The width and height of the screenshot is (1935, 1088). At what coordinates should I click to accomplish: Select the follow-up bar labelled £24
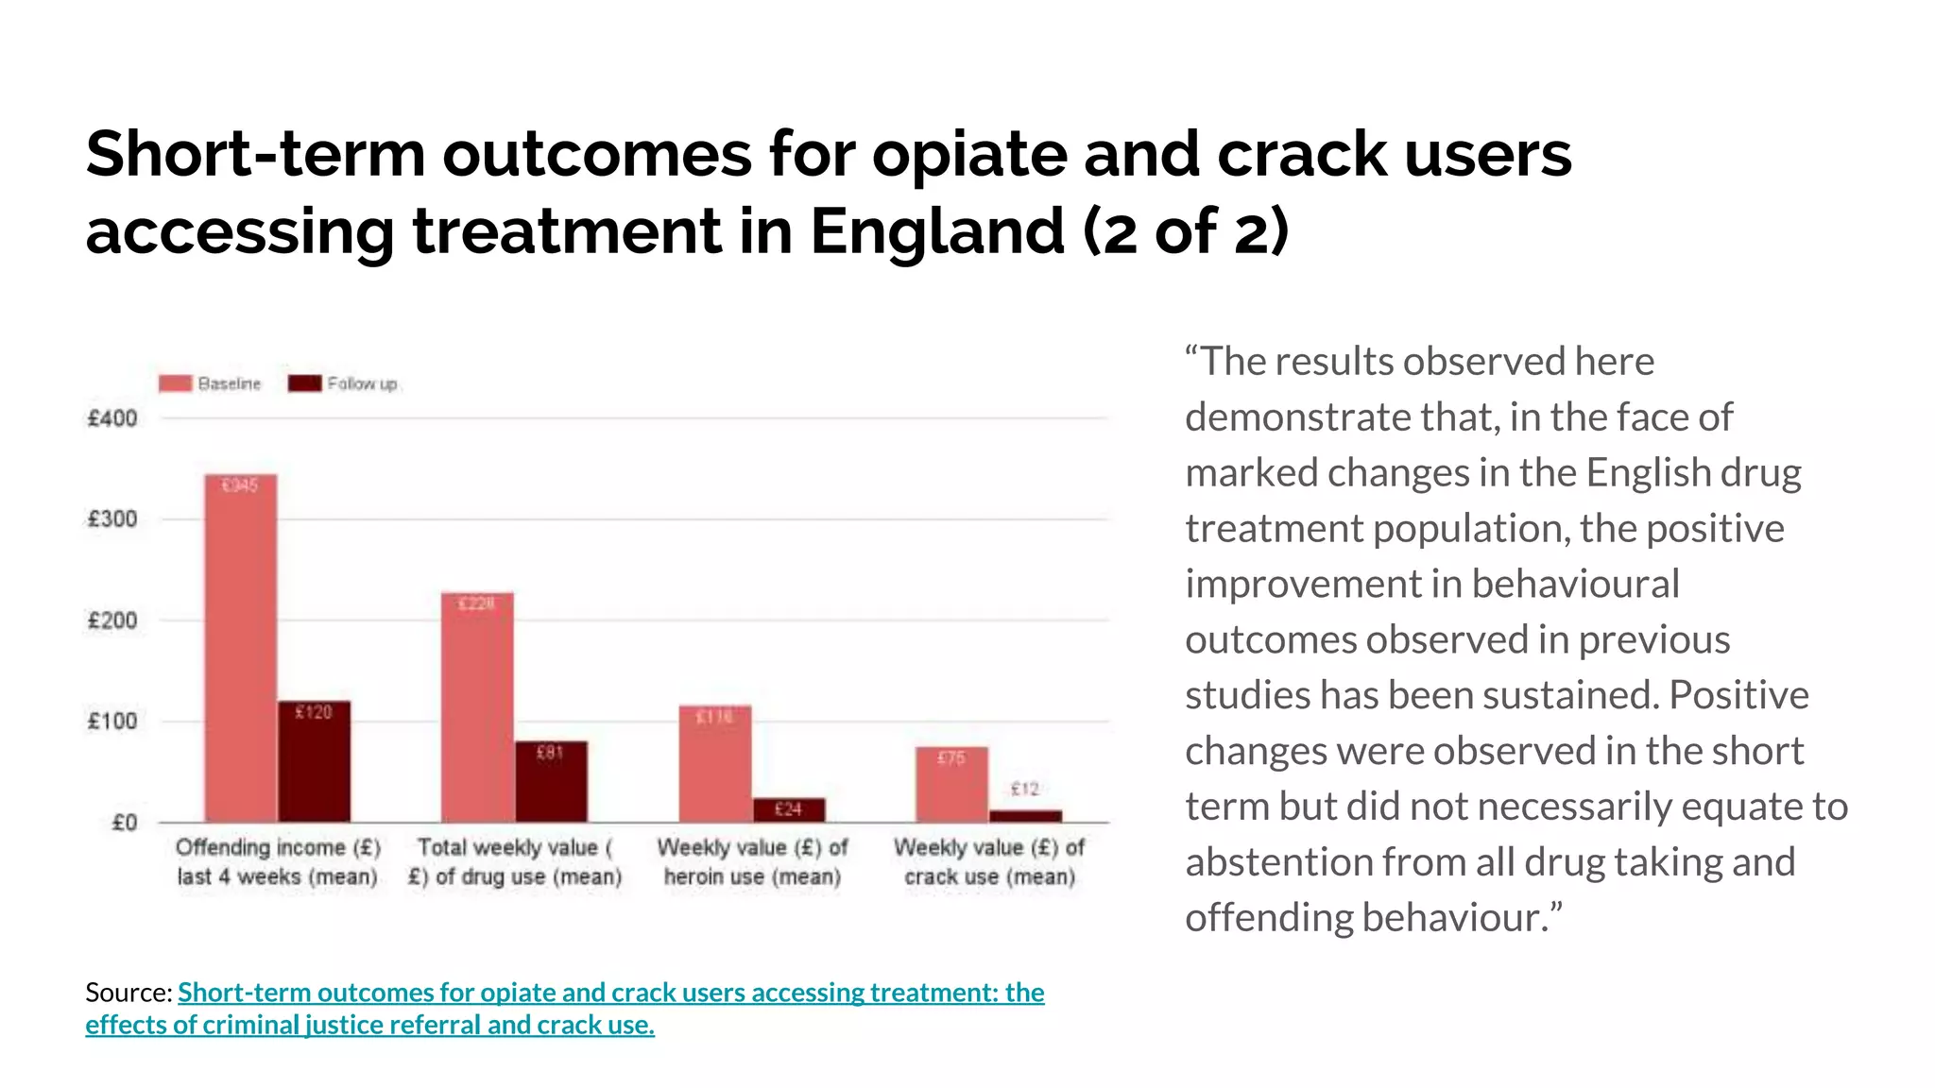coord(789,809)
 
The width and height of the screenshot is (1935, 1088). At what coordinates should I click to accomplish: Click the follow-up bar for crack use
coord(1025,815)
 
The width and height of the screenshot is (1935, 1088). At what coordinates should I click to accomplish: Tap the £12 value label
coord(1024,789)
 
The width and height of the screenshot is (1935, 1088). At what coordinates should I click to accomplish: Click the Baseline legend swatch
coord(175,383)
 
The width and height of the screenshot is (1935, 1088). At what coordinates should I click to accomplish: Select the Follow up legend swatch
coord(304,383)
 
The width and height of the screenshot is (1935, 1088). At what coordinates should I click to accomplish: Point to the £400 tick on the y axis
coord(112,418)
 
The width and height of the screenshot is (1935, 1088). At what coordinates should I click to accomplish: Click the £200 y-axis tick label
coord(112,620)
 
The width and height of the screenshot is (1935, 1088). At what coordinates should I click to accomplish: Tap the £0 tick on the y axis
coord(124,823)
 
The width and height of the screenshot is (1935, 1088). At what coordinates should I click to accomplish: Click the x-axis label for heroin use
coord(752,861)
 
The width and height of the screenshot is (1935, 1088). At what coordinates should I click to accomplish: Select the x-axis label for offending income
coord(277,861)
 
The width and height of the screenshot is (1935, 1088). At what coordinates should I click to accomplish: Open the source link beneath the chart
coord(610,993)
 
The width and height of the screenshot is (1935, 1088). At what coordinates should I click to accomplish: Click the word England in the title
coord(937,231)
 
